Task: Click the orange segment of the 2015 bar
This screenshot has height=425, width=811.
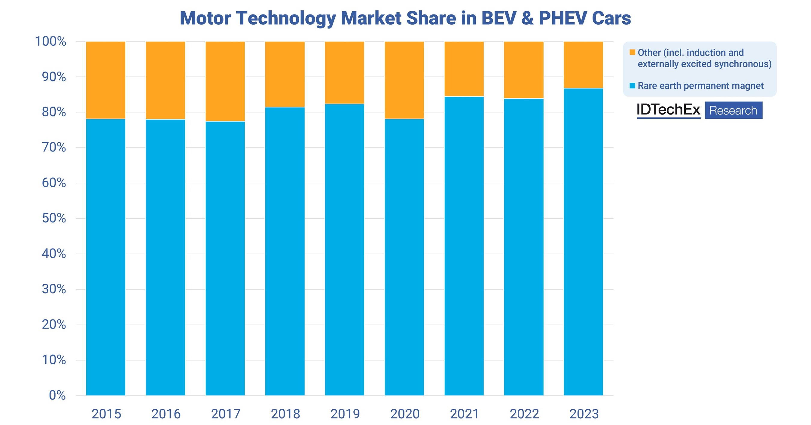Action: (x=105, y=80)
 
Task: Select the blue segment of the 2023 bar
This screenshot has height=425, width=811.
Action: (x=583, y=241)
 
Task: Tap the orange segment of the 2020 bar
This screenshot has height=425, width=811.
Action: (x=404, y=80)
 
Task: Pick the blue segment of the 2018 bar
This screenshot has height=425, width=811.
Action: (x=285, y=251)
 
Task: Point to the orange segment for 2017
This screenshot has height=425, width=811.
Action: (x=225, y=81)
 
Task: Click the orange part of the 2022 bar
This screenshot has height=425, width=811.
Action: (x=523, y=70)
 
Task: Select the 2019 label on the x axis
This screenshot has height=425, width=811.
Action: (x=345, y=414)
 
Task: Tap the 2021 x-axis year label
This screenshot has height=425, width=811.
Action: (x=464, y=414)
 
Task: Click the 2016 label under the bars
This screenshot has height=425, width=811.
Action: (x=166, y=414)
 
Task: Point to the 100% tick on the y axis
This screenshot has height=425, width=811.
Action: (x=51, y=41)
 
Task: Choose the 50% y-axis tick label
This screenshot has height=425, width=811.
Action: (x=54, y=218)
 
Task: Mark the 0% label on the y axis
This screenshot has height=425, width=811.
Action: (x=57, y=395)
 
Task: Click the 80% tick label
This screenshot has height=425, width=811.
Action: (x=54, y=112)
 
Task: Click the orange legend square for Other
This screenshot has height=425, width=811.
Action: (x=632, y=52)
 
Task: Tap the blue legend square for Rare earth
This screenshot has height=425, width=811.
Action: (x=632, y=86)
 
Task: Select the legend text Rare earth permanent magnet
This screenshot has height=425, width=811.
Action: (x=700, y=86)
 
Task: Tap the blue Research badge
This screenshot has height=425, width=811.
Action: (x=733, y=111)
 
